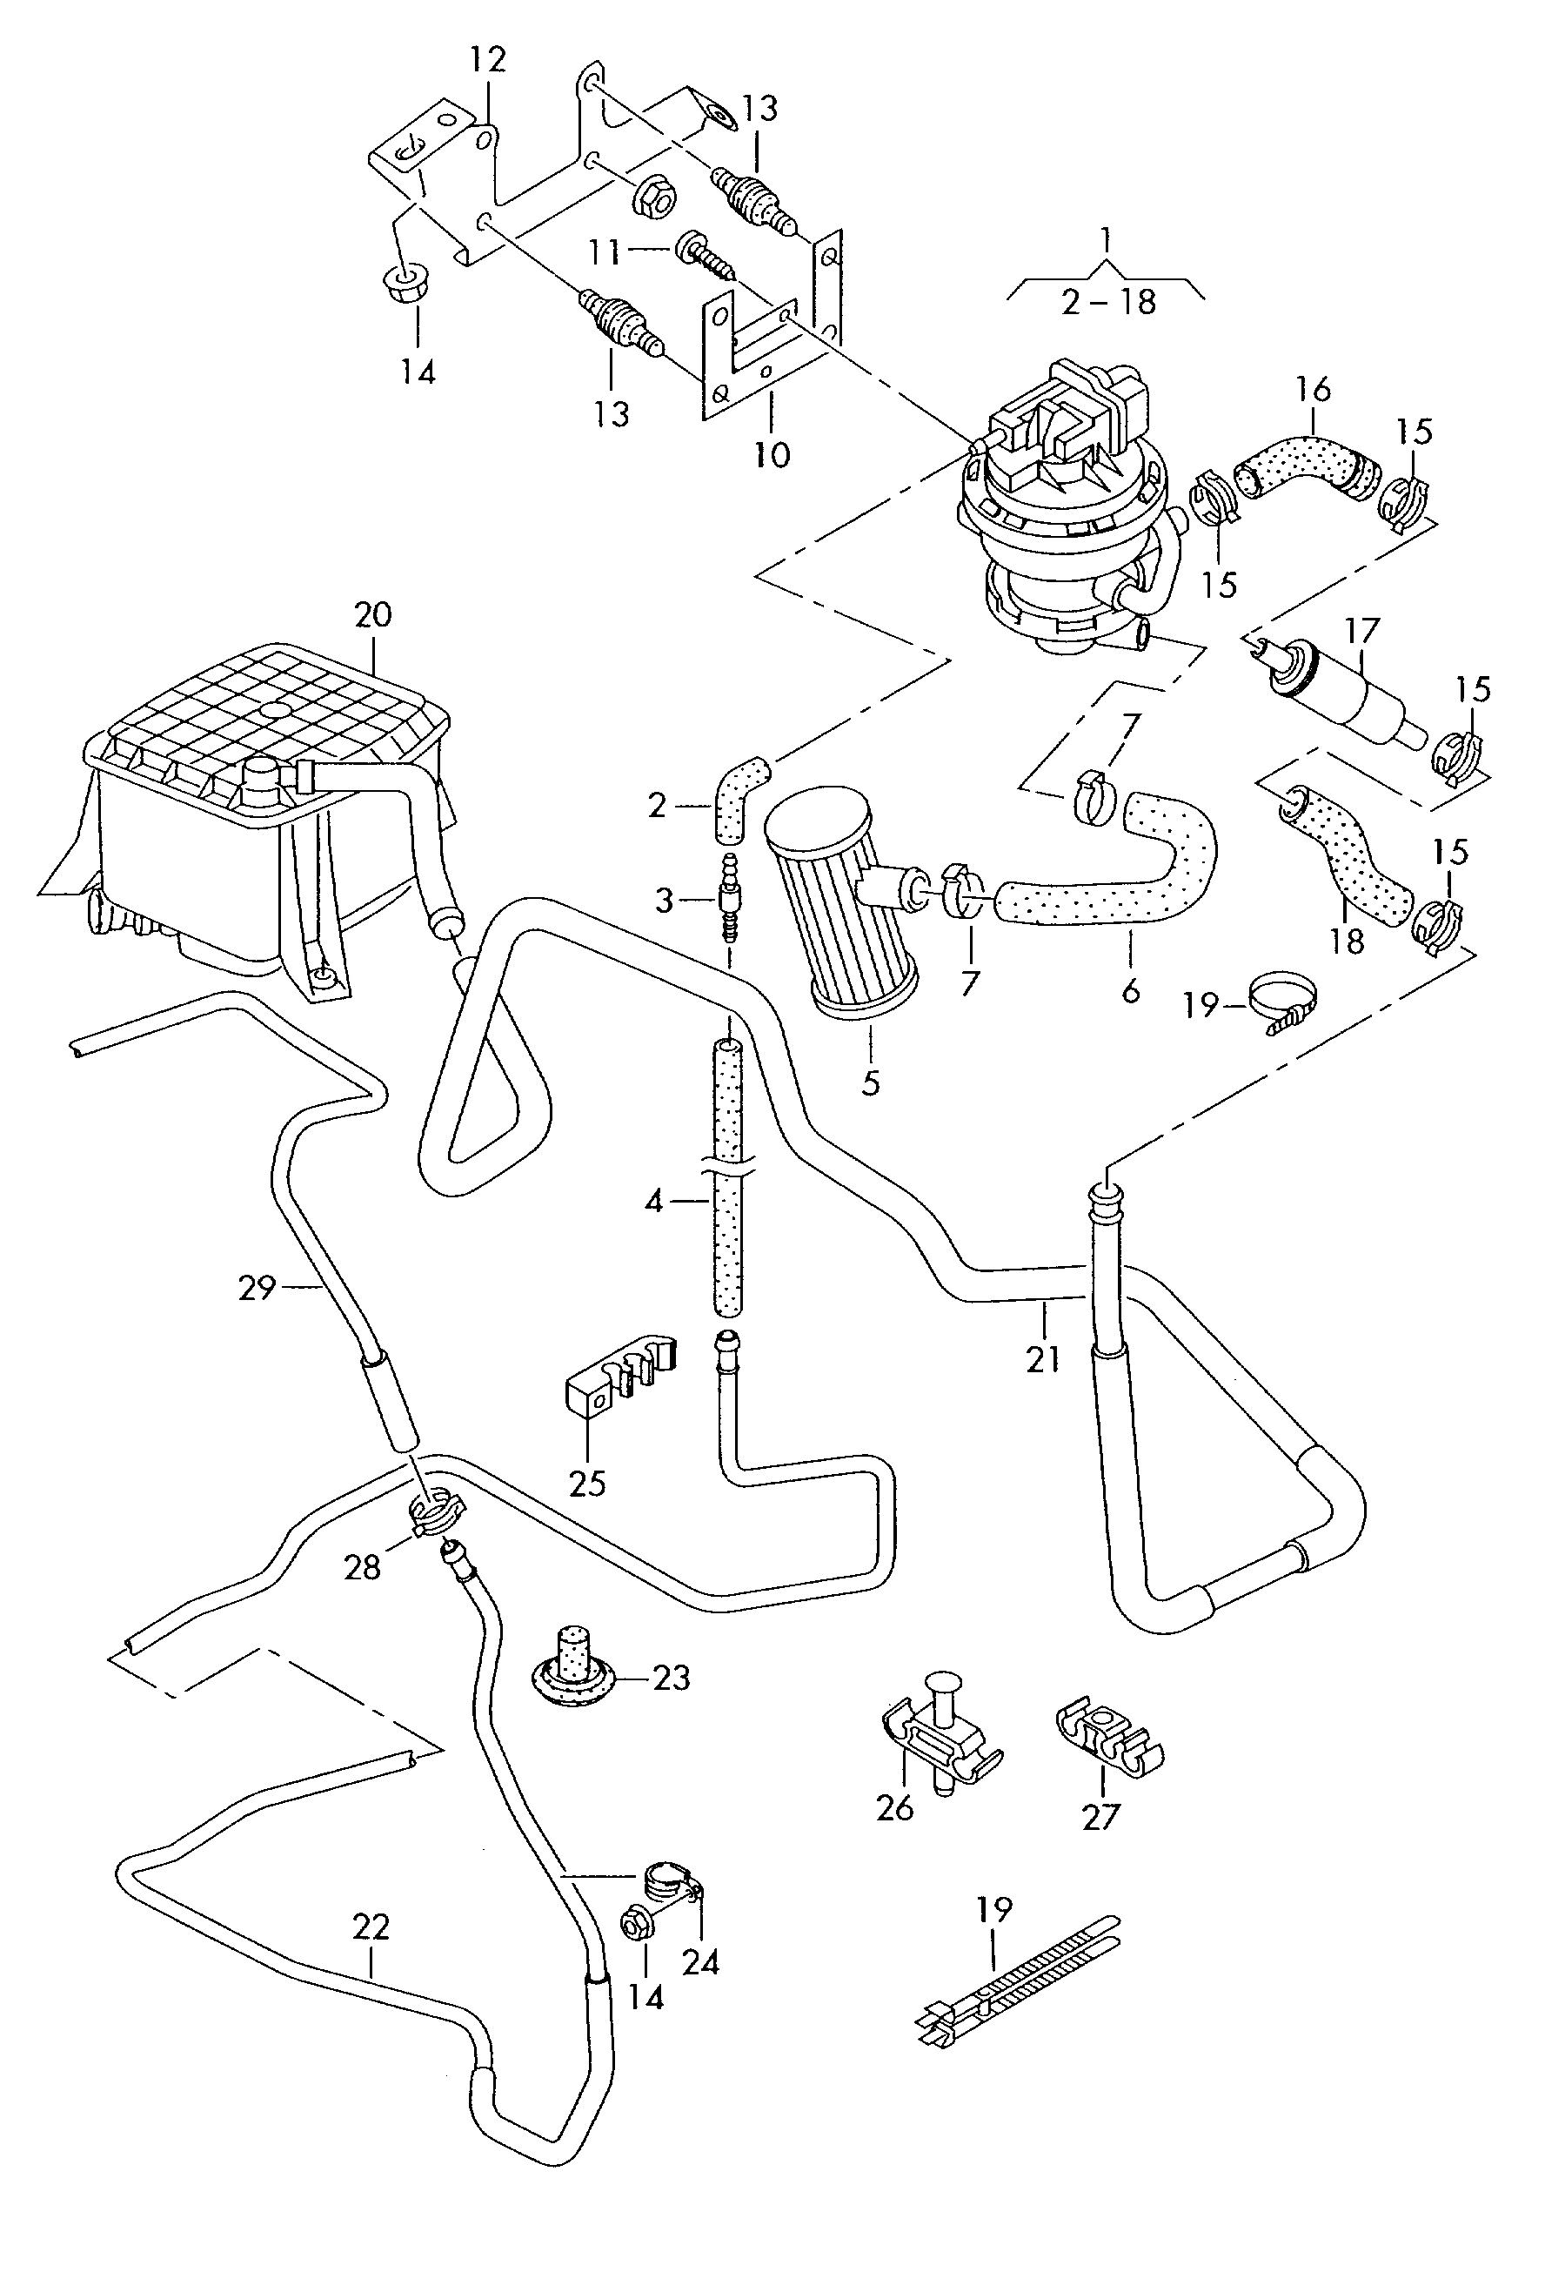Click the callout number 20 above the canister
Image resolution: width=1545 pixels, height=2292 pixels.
(373, 615)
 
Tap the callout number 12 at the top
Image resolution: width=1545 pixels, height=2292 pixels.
(488, 60)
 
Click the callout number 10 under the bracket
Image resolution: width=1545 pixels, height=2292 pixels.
(772, 454)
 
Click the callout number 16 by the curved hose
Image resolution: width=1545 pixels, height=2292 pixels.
(1313, 389)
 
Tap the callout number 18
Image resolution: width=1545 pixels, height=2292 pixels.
(1346, 941)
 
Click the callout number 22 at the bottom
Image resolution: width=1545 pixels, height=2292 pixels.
(371, 1927)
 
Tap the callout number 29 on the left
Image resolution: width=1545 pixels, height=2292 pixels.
(256, 1287)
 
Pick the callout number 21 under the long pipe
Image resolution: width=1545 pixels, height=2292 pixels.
(1042, 1360)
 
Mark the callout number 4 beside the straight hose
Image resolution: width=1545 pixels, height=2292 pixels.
(654, 1203)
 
